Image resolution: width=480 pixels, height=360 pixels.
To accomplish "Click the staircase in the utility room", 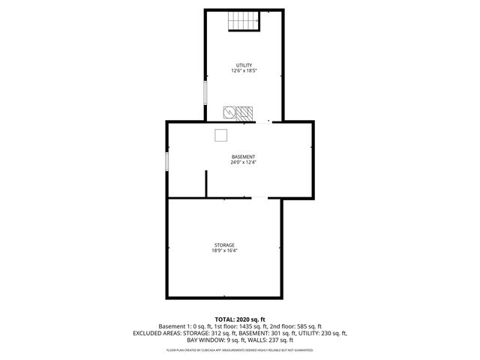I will (x=244, y=22).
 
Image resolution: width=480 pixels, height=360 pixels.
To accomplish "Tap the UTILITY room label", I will (x=244, y=65).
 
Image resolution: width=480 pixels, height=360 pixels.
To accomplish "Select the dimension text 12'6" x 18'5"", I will (x=244, y=71).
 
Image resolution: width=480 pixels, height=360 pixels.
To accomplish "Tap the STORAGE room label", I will (x=224, y=244).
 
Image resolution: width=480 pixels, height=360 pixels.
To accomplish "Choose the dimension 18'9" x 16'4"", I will (x=224, y=250).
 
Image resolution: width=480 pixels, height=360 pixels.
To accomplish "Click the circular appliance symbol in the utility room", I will (x=229, y=113).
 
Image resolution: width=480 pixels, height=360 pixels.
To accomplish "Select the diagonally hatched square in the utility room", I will (x=244, y=113).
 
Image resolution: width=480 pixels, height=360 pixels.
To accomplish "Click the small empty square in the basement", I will (x=221, y=134).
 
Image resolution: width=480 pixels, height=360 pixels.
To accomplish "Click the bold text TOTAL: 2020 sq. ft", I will (x=240, y=319).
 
